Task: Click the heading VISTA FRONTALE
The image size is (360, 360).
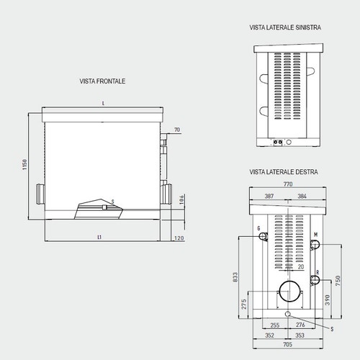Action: point(102,81)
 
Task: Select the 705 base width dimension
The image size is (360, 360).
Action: point(289,345)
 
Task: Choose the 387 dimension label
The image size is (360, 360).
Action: point(269,196)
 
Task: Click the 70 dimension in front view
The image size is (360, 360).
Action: point(177,131)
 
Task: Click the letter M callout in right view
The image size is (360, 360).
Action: point(315,235)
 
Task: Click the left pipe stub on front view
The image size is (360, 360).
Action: point(38,193)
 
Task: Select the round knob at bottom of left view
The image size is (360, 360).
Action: point(289,142)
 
